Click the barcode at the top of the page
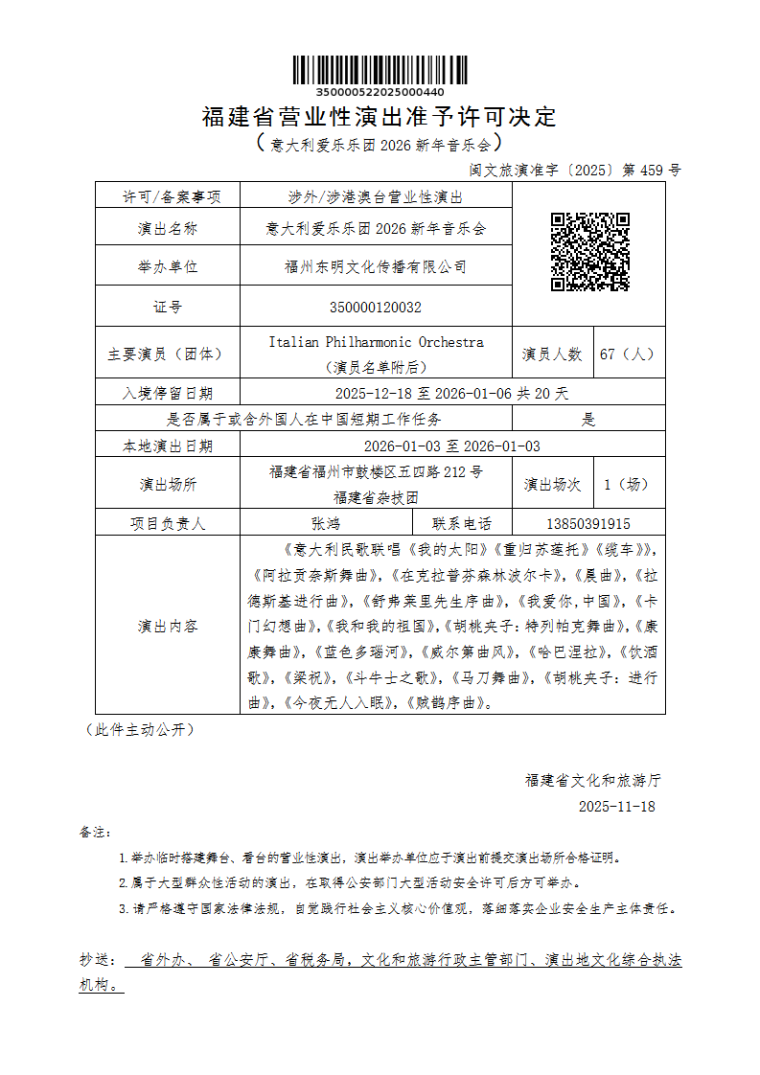click(x=380, y=70)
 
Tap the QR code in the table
click(x=589, y=252)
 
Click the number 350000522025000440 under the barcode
click(x=380, y=92)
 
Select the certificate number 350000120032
click(x=375, y=308)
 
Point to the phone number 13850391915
click(x=587, y=524)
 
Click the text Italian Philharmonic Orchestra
click(x=376, y=342)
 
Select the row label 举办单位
click(x=168, y=267)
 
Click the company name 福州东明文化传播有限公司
click(x=375, y=267)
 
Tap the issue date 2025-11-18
click(x=616, y=807)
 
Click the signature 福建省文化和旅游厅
click(x=592, y=780)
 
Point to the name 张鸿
click(x=326, y=524)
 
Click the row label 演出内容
click(x=168, y=627)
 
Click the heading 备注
click(x=96, y=832)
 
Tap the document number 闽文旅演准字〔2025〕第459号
click(x=575, y=171)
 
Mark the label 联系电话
click(x=462, y=524)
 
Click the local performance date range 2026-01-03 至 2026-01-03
click(x=451, y=446)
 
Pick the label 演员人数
click(x=552, y=354)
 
